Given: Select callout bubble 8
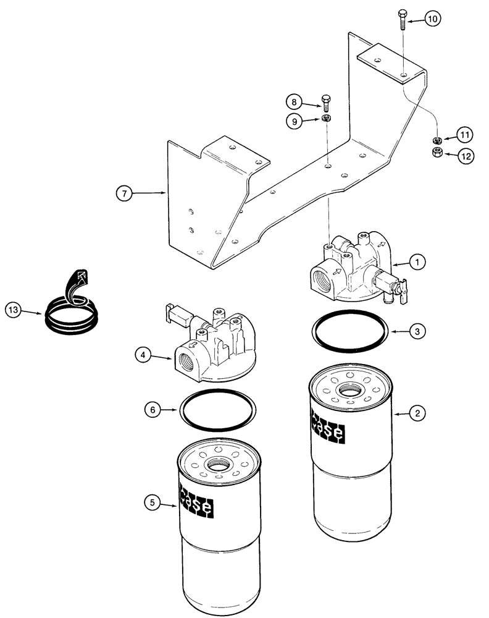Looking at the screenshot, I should click(x=295, y=101).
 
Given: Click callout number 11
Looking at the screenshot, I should click(x=465, y=135).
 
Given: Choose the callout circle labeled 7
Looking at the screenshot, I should click(x=125, y=193).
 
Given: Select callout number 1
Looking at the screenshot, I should click(x=418, y=262).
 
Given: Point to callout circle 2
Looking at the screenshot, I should click(x=418, y=413).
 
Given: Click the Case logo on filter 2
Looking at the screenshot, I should click(x=328, y=428).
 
